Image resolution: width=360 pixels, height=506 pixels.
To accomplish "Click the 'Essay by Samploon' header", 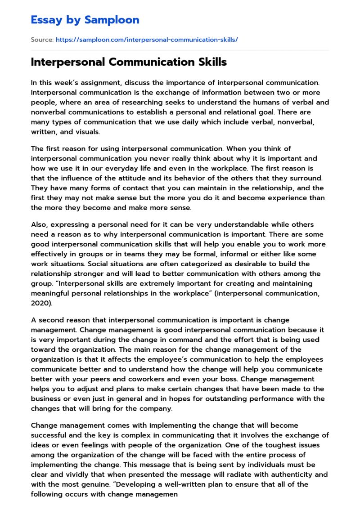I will tap(85, 20).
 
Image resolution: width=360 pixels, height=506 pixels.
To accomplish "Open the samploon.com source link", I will tap(147, 40).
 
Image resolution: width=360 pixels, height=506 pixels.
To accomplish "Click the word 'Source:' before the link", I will tap(42, 40).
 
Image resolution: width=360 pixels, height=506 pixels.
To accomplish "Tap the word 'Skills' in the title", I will tap(211, 63).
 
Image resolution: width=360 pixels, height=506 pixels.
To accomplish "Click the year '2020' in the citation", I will tap(40, 303).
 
